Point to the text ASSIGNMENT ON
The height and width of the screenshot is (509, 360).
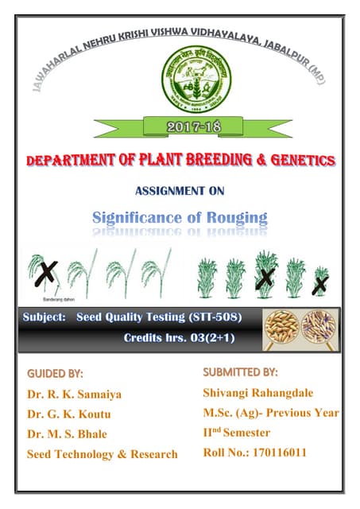(x=182, y=191)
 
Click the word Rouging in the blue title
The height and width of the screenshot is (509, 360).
(x=237, y=216)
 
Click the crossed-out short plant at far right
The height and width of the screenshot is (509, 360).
(x=320, y=282)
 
